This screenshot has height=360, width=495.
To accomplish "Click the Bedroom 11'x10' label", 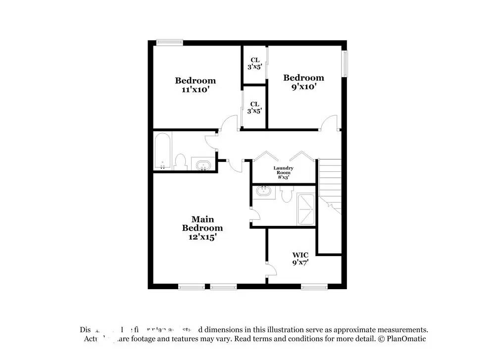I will click(195, 85).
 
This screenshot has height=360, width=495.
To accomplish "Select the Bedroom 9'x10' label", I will click(303, 82).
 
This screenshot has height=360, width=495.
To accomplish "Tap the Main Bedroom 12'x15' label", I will click(202, 228).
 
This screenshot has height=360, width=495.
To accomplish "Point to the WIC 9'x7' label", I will click(300, 259).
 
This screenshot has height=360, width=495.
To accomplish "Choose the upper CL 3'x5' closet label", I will click(254, 63).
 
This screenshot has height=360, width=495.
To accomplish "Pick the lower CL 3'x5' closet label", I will click(254, 107).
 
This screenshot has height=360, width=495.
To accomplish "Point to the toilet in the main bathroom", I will click(286, 194).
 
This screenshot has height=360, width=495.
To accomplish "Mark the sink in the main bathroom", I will click(264, 192).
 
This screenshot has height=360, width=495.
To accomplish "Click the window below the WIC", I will click(314, 286).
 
